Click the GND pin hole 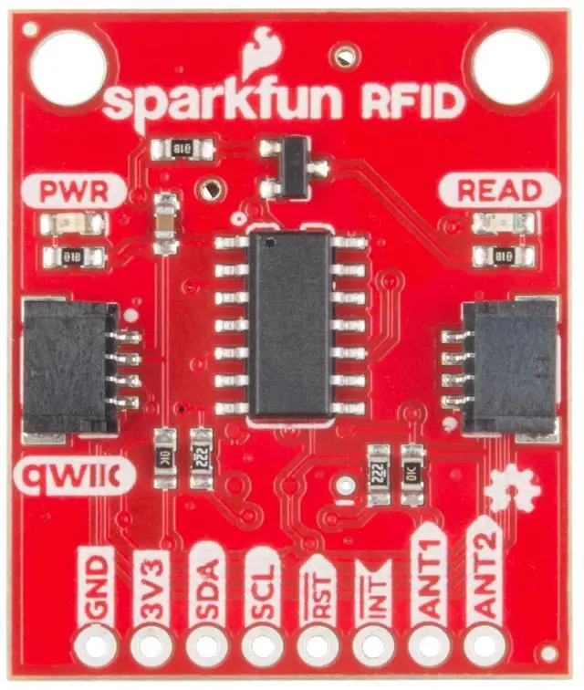coord(97,645)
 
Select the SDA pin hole coord(206,645)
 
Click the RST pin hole coord(316,645)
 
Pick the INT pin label coord(371,591)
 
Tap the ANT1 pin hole coord(426,645)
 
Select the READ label coord(498,191)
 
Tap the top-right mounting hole coord(511,65)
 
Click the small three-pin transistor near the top coord(291,166)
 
